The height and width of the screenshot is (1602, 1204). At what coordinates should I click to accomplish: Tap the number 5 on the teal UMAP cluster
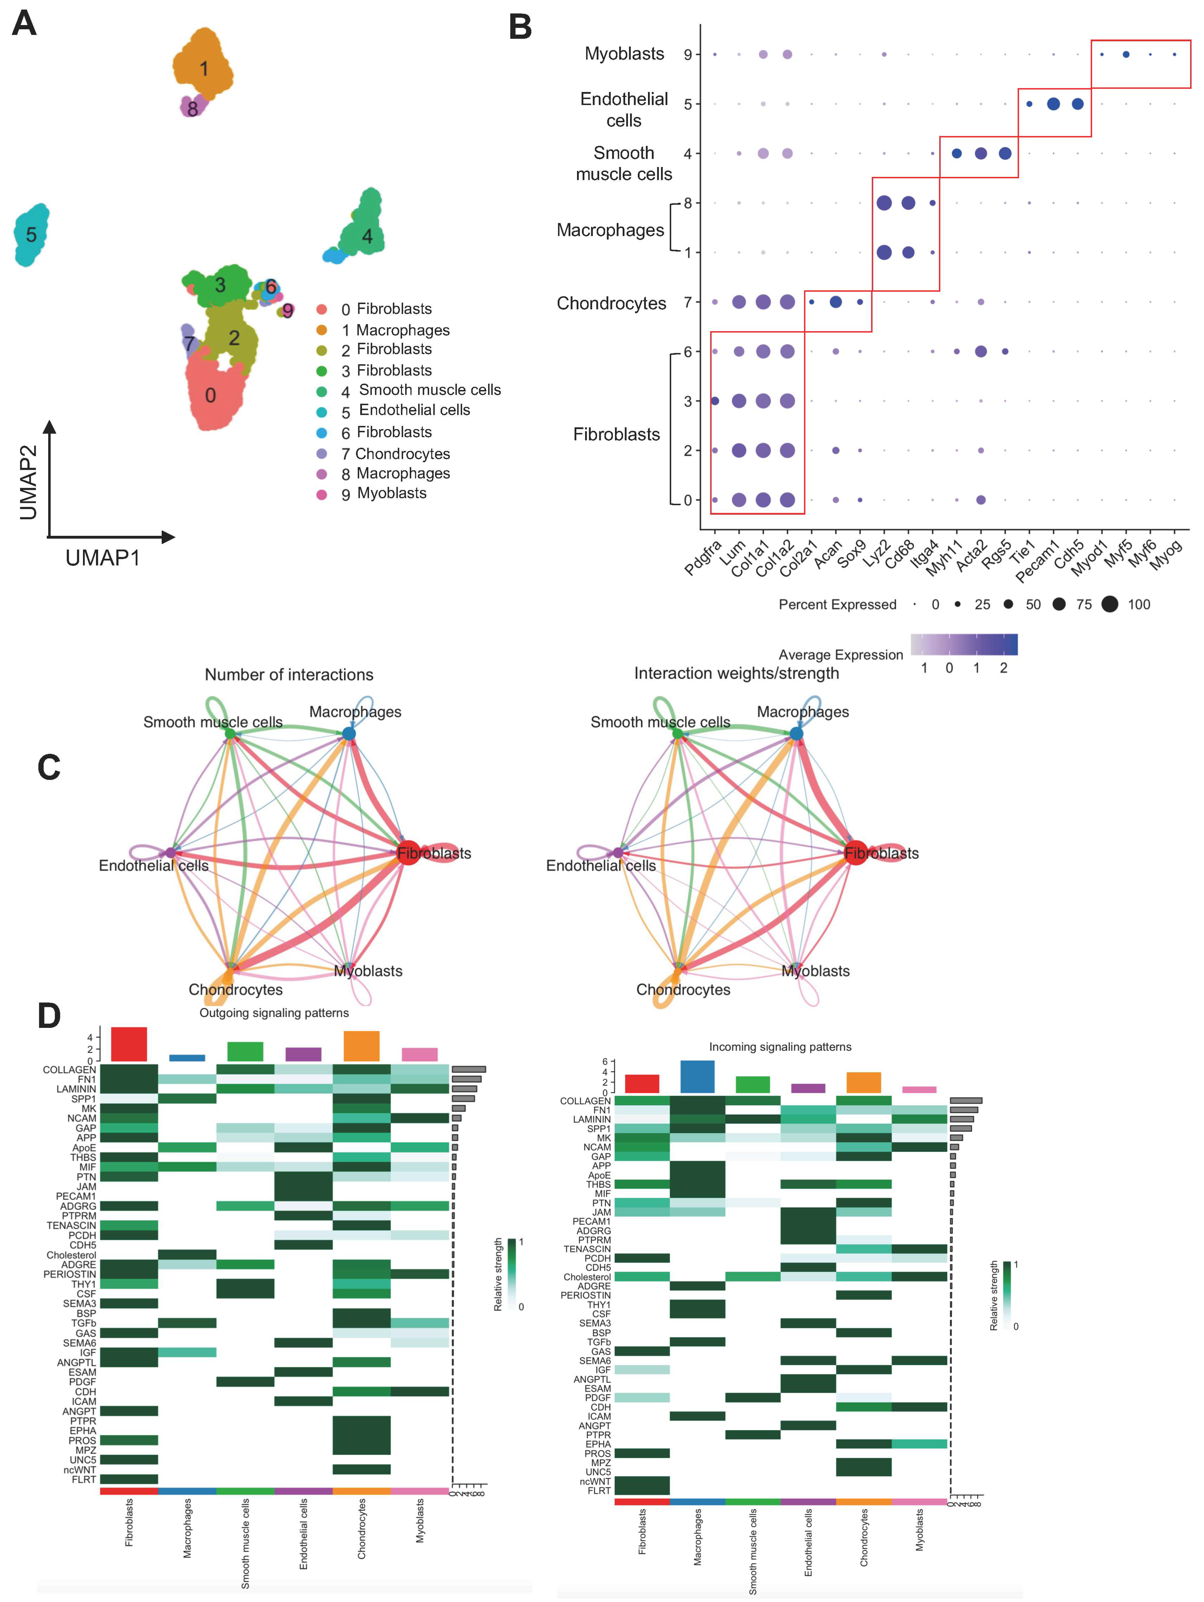click(31, 235)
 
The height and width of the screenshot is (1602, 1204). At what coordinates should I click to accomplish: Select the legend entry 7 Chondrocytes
click(395, 454)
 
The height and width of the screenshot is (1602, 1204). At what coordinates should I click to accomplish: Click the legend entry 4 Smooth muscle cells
click(421, 390)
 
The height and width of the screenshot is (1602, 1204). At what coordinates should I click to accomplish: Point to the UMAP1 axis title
click(103, 558)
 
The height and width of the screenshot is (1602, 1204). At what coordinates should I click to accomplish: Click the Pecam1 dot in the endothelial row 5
click(1053, 104)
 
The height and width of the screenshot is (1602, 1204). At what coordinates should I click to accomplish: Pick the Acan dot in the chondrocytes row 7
click(836, 302)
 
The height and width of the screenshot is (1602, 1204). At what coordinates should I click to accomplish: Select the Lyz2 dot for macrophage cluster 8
click(884, 203)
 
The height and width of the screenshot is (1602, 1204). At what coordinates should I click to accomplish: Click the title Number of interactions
click(289, 675)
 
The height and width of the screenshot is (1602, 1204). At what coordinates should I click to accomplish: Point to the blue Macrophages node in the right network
click(796, 734)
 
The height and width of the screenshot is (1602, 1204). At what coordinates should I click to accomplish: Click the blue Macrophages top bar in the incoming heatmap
click(697, 1077)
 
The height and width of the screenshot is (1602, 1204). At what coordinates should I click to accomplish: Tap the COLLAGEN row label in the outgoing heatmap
click(69, 1070)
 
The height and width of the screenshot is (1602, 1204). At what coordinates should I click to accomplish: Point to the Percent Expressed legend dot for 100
click(1110, 604)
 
